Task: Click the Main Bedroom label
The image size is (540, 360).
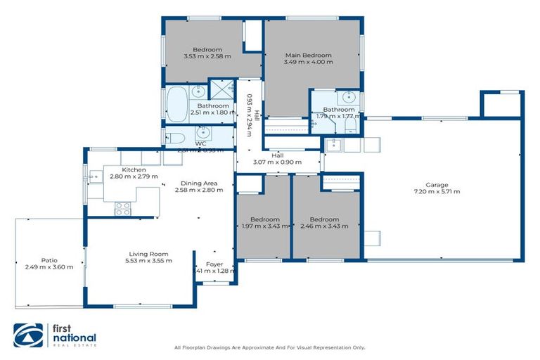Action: pyautogui.click(x=308, y=55)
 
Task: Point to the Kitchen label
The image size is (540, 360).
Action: pyautogui.click(x=134, y=169)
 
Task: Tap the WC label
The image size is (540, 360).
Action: pyautogui.click(x=200, y=143)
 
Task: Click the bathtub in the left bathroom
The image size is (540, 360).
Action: pyautogui.click(x=176, y=103)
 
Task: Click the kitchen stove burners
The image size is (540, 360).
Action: pyautogui.click(x=122, y=208)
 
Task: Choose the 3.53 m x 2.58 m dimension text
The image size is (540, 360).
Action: pyautogui.click(x=207, y=57)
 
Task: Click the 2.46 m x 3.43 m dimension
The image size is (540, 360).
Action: pyautogui.click(x=324, y=226)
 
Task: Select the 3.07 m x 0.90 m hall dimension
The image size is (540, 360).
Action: pyautogui.click(x=277, y=162)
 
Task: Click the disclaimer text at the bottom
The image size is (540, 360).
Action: pyautogui.click(x=269, y=347)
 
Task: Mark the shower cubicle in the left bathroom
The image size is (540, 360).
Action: pyautogui.click(x=223, y=89)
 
